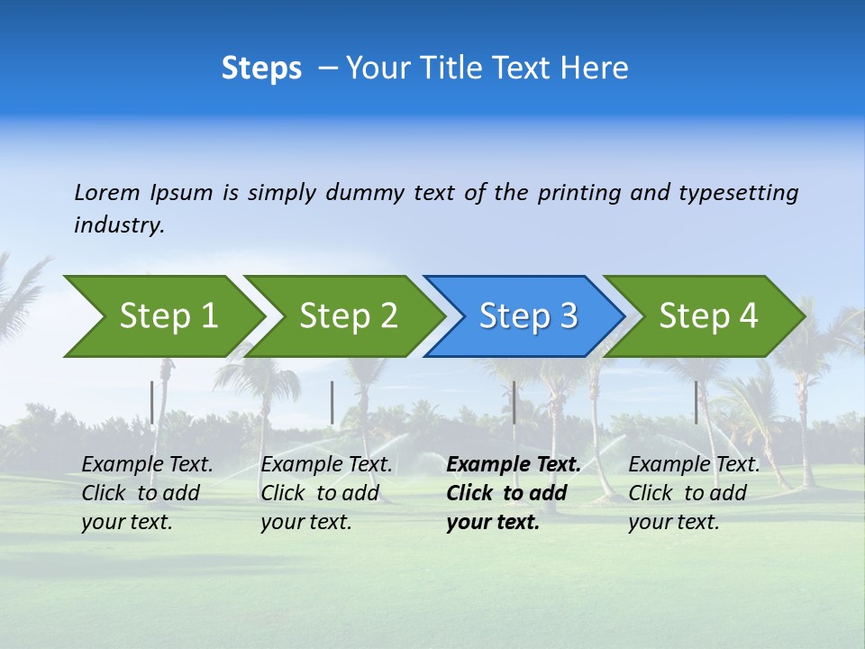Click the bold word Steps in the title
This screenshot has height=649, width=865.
pos(261,69)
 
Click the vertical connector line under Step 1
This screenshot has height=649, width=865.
pos(152,402)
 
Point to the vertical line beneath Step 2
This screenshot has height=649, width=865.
pos(332,402)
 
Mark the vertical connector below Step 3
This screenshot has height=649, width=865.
pos(514,402)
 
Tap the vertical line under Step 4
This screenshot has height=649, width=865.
pos(696,402)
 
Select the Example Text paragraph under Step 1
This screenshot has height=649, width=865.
pos(147,493)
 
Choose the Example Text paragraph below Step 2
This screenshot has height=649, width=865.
pos(326,493)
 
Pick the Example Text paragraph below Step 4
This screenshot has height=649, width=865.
pos(694,493)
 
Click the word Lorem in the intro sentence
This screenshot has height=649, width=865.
pos(106,192)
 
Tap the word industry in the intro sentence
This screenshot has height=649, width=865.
pos(119,225)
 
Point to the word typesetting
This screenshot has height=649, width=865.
pos(738,193)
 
